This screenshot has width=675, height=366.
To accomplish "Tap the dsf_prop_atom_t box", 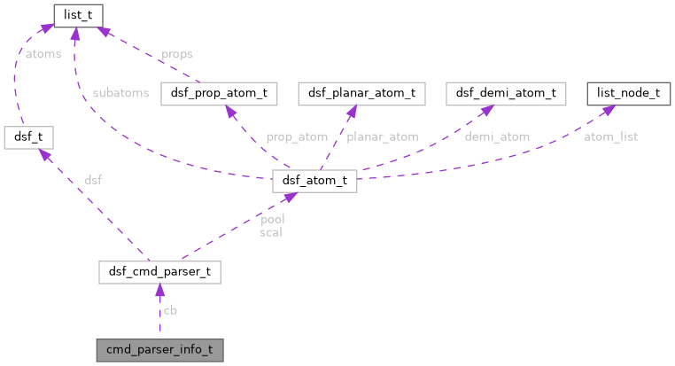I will (220, 93).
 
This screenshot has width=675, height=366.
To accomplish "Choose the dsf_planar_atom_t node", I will (361, 93).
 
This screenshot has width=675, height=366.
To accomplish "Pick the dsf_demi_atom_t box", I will (506, 93).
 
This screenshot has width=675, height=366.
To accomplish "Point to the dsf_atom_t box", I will (314, 182).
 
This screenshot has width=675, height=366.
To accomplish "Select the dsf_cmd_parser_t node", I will (159, 273).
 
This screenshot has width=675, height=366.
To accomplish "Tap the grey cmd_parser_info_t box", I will (159, 349).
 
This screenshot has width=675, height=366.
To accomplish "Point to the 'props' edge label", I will (176, 54).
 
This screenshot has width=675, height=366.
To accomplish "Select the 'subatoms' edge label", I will (120, 93).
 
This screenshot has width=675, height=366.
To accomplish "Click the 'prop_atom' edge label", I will (297, 136).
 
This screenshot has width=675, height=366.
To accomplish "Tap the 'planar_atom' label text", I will (382, 136).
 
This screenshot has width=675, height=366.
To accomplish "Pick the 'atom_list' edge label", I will (610, 136).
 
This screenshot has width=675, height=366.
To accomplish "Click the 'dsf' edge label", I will (93, 180).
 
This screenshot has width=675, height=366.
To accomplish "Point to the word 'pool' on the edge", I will (271, 218).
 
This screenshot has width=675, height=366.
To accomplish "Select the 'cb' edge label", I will (169, 311).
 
